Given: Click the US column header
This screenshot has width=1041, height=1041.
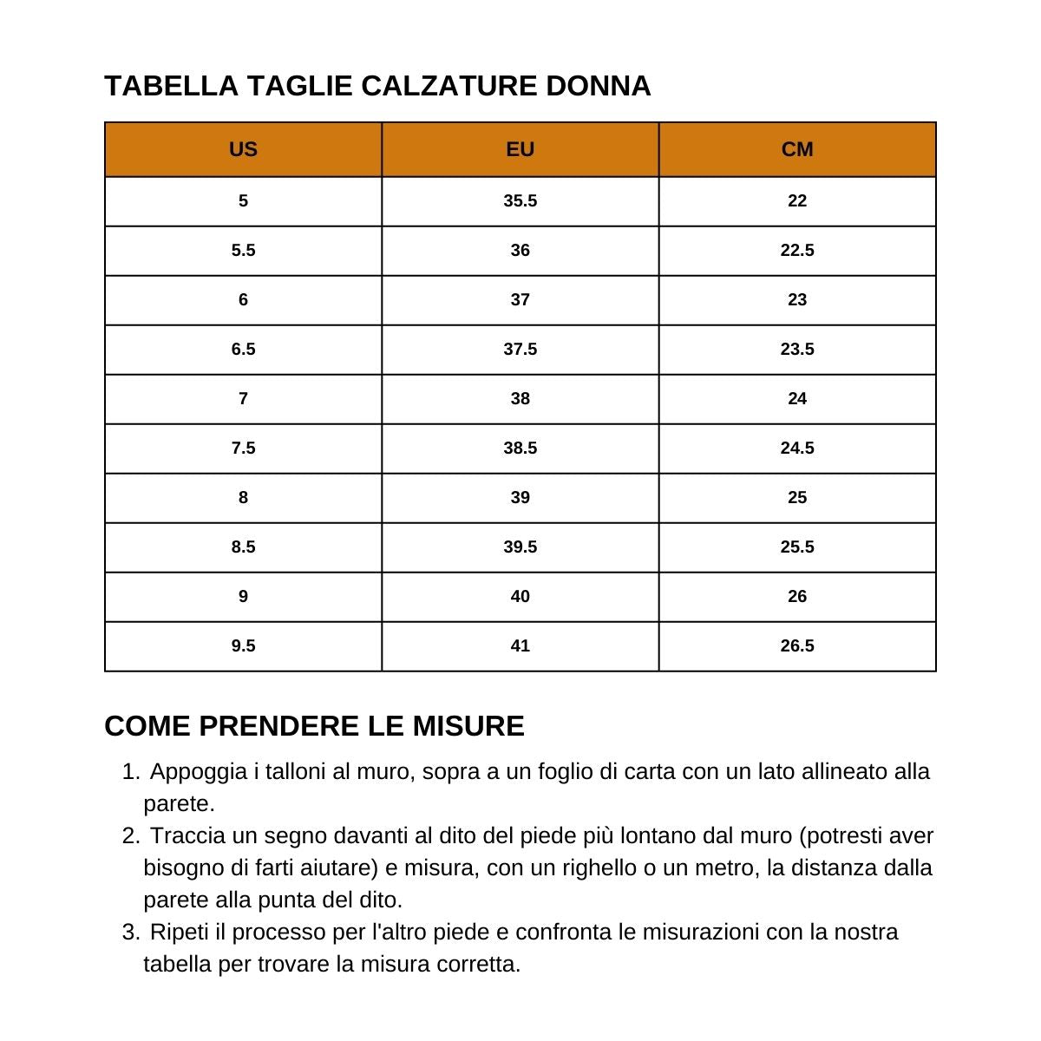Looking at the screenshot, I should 243,149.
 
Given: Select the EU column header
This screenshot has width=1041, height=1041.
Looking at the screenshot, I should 520,149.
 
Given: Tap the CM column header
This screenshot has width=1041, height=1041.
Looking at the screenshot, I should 797,149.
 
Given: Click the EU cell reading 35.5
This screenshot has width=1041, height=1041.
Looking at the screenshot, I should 520,201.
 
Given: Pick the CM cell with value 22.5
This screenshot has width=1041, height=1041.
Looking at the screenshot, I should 797,251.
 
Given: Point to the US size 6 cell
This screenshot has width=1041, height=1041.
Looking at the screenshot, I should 243,300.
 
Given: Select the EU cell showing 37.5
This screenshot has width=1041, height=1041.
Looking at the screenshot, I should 520,350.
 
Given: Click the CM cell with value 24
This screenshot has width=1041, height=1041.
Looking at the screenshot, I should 797,399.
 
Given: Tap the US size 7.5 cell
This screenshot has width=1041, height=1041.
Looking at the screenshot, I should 243,448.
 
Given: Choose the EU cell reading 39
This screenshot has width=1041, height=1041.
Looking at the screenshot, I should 520,498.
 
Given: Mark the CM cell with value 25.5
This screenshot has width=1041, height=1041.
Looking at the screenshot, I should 797,547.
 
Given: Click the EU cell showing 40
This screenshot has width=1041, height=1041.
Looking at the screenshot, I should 520,597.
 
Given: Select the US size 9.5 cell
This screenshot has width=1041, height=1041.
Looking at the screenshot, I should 243,646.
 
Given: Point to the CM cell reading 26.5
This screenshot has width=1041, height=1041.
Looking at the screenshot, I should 797,646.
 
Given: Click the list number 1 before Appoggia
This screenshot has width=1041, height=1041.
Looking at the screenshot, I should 129,772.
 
